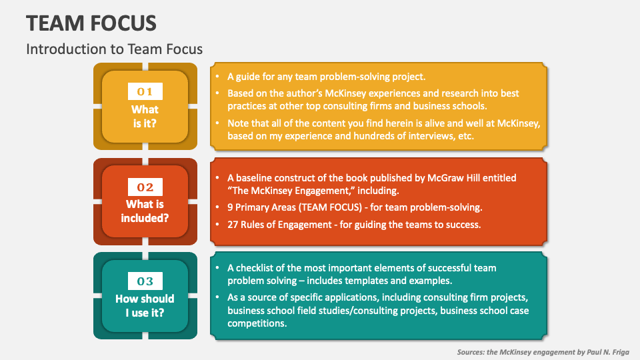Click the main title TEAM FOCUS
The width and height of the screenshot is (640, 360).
tap(92, 23)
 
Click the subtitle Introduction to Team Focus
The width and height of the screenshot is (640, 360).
tap(114, 49)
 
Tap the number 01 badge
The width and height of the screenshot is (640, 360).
tap(145, 92)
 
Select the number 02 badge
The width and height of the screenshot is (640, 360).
tap(145, 187)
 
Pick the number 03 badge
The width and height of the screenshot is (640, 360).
tap(145, 281)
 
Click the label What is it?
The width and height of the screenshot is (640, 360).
tap(145, 116)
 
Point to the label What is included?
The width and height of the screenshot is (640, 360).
tap(145, 211)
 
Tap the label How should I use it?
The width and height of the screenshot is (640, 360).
tap(145, 305)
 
